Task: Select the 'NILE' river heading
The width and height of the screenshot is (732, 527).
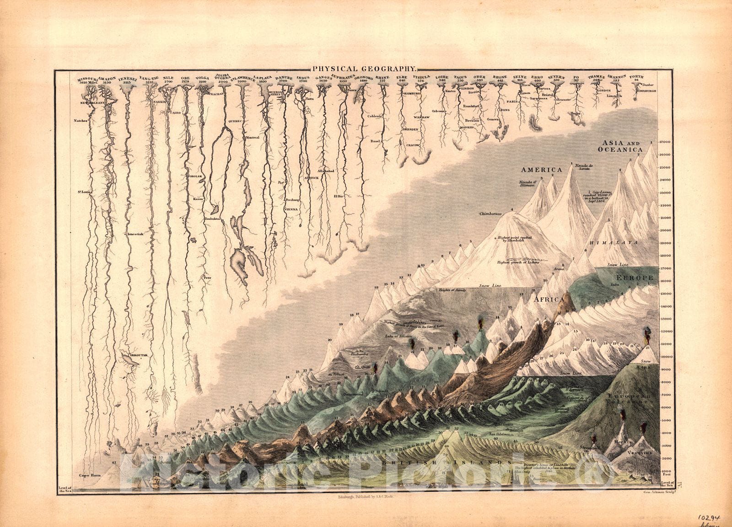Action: (169, 78)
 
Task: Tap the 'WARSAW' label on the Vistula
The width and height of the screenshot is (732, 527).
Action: (421, 118)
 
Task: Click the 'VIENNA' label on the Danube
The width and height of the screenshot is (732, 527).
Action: (291, 209)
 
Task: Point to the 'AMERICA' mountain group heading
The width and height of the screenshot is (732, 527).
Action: (541, 170)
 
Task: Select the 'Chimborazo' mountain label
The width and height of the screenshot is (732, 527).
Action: (491, 214)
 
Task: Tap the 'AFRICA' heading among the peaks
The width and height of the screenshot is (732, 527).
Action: (549, 299)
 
